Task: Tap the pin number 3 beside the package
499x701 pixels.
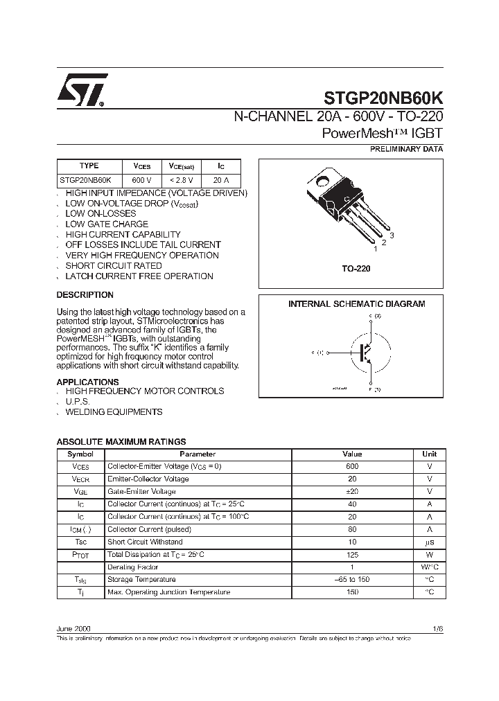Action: click(392, 236)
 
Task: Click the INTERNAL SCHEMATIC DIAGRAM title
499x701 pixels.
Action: click(356, 304)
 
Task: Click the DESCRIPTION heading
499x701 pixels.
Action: click(85, 294)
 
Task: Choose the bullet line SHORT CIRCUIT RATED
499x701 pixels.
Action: click(114, 266)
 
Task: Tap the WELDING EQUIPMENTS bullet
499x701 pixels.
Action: click(114, 412)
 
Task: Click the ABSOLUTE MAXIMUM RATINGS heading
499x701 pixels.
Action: click(121, 441)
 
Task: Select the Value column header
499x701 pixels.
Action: click(352, 454)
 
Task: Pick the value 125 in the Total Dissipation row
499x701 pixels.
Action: click(352, 555)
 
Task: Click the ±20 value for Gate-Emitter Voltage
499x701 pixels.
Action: click(352, 492)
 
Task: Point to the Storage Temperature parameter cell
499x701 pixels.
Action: click(141, 580)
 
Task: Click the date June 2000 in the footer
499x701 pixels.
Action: click(73, 628)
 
